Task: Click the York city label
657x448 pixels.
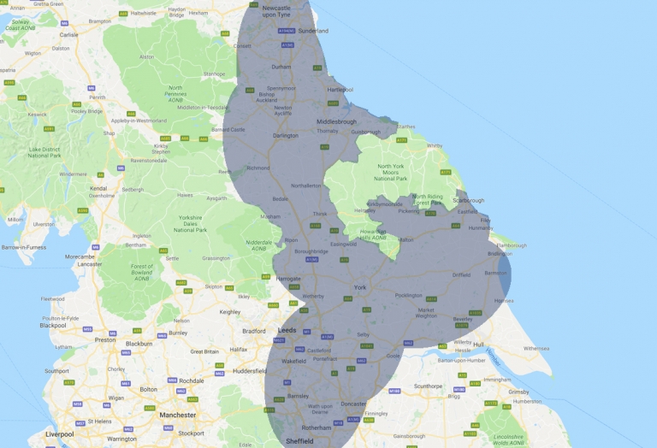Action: click(360, 287)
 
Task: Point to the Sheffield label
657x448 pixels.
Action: click(300, 440)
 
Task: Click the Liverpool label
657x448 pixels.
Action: click(59, 433)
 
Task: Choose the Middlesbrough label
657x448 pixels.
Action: click(336, 121)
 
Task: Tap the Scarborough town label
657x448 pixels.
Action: click(471, 201)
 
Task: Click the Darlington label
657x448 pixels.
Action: click(285, 135)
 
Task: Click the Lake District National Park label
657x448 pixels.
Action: click(44, 153)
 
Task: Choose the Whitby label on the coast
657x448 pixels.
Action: click(435, 146)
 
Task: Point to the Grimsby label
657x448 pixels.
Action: click(518, 392)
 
